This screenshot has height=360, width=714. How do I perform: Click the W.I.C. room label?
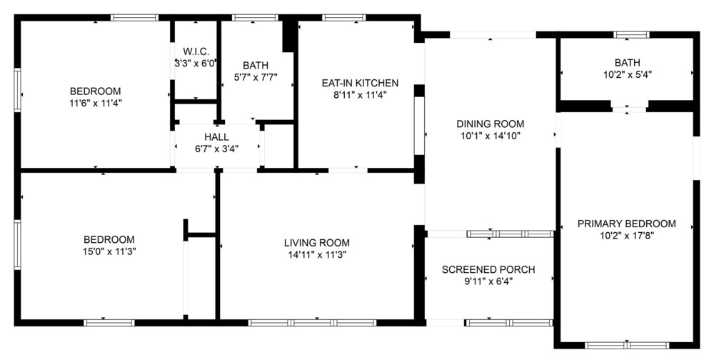pyautogui.click(x=196, y=51)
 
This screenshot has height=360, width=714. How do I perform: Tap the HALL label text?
pyautogui.click(x=217, y=136)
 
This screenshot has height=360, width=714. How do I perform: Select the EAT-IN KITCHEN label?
pyautogui.click(x=360, y=83)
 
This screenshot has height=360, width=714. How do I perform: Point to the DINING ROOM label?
pyautogui.click(x=491, y=124)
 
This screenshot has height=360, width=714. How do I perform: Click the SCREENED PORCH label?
pyautogui.click(x=488, y=269)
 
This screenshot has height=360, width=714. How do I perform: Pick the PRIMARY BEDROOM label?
pyautogui.click(x=627, y=224)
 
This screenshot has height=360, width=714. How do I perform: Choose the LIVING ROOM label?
pyautogui.click(x=317, y=243)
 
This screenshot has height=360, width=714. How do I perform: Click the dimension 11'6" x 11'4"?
pyautogui.click(x=96, y=103)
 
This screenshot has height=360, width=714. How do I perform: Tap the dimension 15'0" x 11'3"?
pyautogui.click(x=110, y=251)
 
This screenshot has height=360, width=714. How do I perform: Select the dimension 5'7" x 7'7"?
pyautogui.click(x=256, y=77)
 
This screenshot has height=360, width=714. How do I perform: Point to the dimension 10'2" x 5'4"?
pyautogui.click(x=628, y=74)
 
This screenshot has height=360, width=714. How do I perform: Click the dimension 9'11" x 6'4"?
pyautogui.click(x=488, y=281)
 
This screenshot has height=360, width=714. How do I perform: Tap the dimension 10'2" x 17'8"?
pyautogui.click(x=627, y=236)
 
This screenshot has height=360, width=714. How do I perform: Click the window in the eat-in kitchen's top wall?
pyautogui.click(x=344, y=18)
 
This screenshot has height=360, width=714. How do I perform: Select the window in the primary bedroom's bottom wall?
pyautogui.click(x=627, y=345)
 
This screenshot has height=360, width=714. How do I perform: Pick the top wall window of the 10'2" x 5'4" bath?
pyautogui.click(x=631, y=34)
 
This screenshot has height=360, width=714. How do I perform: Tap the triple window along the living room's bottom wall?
pyautogui.click(x=313, y=323)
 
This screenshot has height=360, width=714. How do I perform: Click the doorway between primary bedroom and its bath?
pyautogui.click(x=629, y=109)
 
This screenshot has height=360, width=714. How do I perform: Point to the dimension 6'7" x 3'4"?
pyautogui.click(x=217, y=148)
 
